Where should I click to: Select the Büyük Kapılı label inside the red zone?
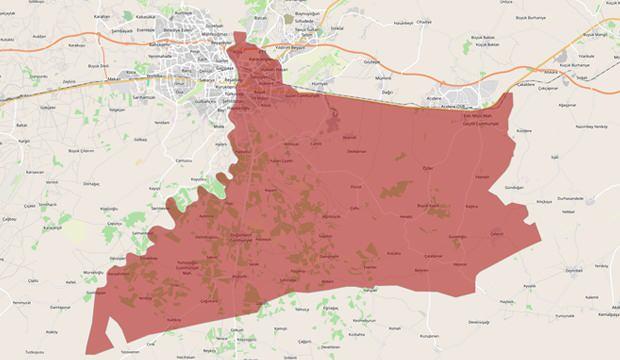coord(427,205)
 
